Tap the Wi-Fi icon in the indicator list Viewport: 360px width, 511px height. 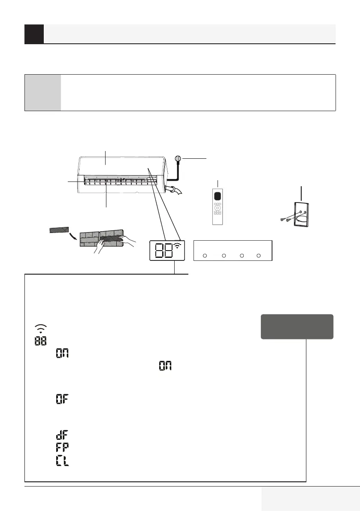[39, 328]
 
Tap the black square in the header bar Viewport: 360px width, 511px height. [34, 34]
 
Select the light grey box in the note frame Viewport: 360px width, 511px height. [42, 93]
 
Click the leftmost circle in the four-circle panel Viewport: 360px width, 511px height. [205, 256]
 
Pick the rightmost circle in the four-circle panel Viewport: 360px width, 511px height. [258, 256]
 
